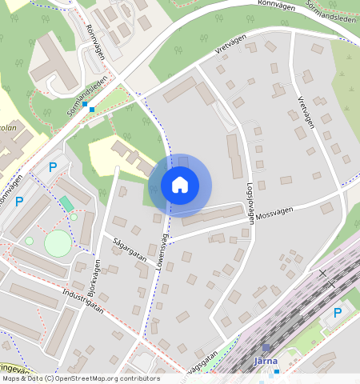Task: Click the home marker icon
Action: (x=180, y=186)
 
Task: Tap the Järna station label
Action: (x=266, y=361)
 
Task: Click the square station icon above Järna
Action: (x=266, y=348)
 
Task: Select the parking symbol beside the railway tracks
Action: (x=338, y=312)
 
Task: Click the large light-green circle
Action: (x=58, y=243)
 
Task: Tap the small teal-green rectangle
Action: (x=66, y=204)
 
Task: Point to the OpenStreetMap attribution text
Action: (x=80, y=378)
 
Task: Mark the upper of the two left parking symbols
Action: (x=54, y=167)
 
